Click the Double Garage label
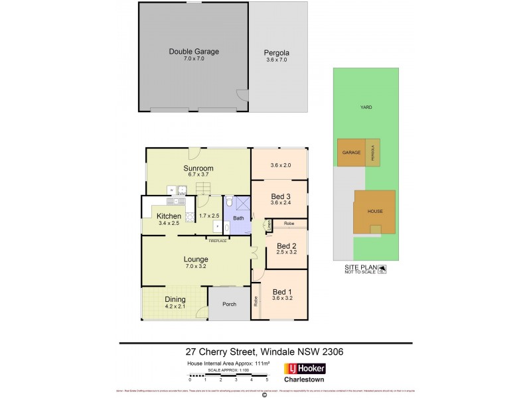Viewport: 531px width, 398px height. click(x=194, y=51)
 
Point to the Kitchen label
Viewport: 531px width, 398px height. click(x=169, y=216)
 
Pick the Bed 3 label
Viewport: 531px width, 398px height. click(x=280, y=196)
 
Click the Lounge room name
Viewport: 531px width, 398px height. click(x=196, y=260)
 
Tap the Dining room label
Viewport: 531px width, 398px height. click(x=175, y=299)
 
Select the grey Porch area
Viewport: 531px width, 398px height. click(x=229, y=304)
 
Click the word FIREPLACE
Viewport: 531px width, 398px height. click(x=218, y=241)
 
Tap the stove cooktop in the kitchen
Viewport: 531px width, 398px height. click(x=189, y=216)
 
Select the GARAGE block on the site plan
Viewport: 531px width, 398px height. click(x=351, y=153)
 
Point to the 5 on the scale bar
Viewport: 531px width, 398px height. click(x=266, y=381)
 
